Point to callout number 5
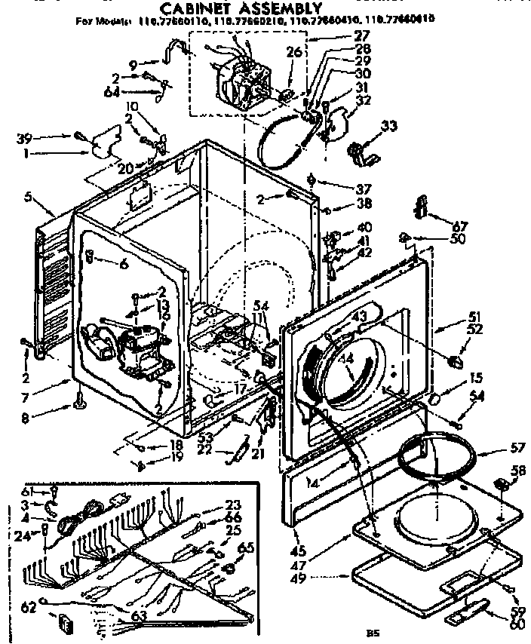29,198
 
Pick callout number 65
247,547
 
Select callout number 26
294,52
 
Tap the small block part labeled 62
66,624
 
